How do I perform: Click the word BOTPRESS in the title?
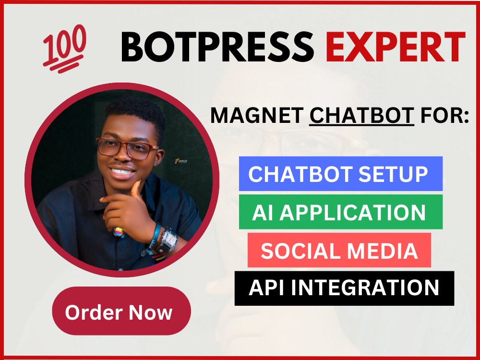tap(217, 47)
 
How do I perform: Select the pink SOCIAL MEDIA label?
tap(339, 250)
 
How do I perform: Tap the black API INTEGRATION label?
tap(344, 288)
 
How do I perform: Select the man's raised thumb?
tap(137, 188)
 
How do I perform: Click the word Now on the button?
tap(151, 312)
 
